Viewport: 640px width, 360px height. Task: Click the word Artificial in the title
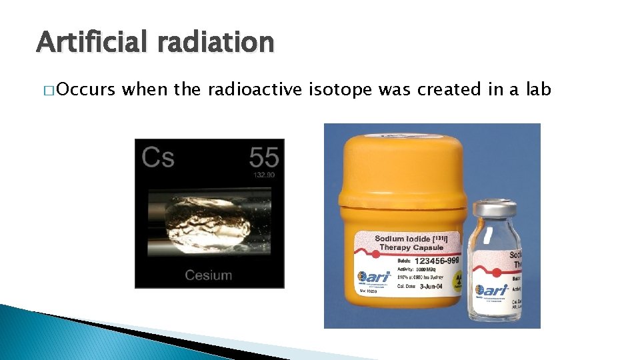[x=91, y=43]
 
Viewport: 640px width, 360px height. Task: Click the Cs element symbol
[x=158, y=158]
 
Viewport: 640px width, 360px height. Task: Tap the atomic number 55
[x=264, y=157]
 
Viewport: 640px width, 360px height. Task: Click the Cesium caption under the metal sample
[x=209, y=275]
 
